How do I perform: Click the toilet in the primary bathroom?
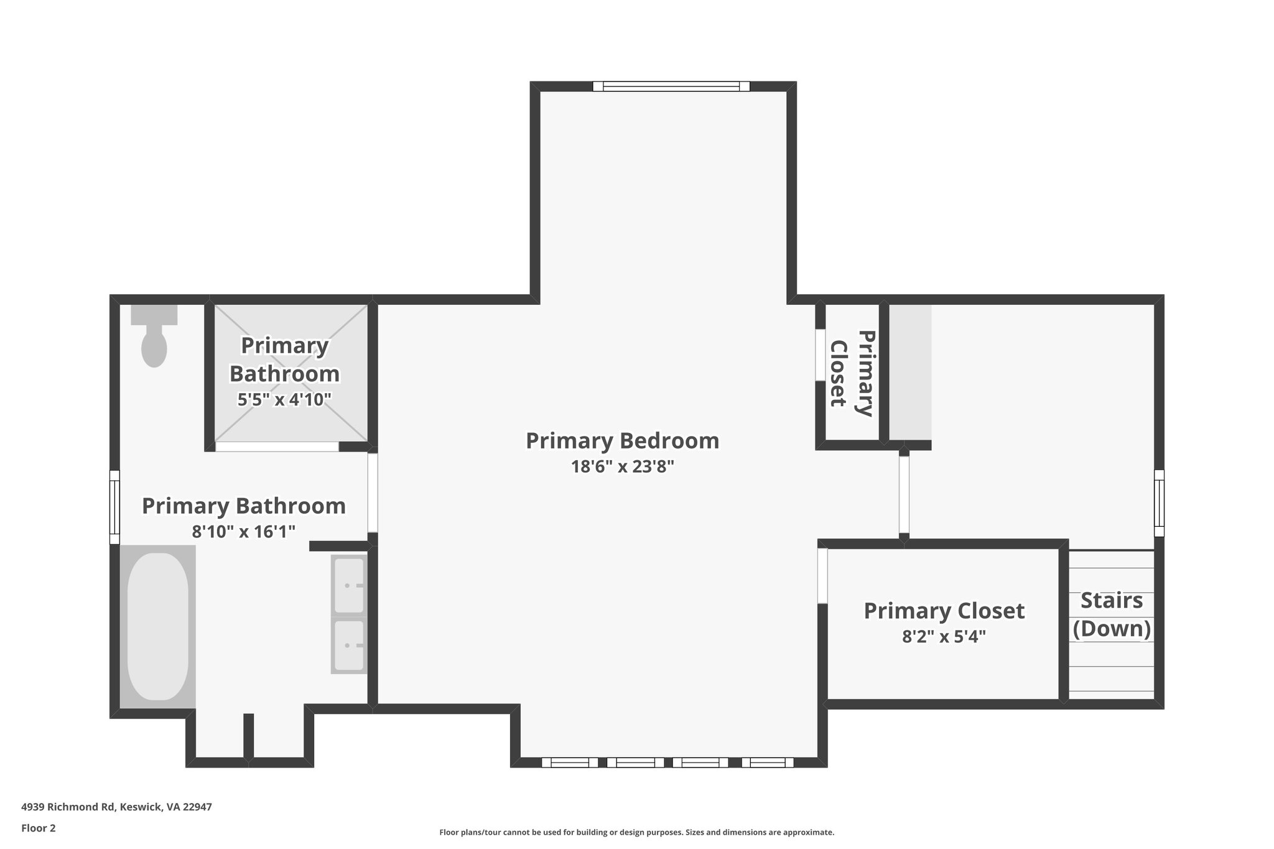click(154, 339)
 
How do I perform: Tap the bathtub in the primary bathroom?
click(157, 627)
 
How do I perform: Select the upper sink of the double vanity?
click(349, 585)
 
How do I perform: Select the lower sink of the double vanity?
click(349, 646)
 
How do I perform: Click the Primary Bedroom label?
click(622, 440)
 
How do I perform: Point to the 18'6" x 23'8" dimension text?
click(622, 466)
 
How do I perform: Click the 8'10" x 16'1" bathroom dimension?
click(243, 531)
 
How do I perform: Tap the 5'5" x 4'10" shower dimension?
click(284, 399)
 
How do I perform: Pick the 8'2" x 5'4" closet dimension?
click(944, 637)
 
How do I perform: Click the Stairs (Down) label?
click(1112, 615)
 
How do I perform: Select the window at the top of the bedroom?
click(671, 86)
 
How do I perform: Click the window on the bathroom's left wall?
click(114, 507)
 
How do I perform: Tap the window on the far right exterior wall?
click(1159, 503)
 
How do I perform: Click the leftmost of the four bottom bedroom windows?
click(569, 763)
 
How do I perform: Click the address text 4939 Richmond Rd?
click(116, 807)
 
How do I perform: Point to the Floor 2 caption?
click(39, 828)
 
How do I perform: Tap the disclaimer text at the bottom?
click(636, 832)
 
